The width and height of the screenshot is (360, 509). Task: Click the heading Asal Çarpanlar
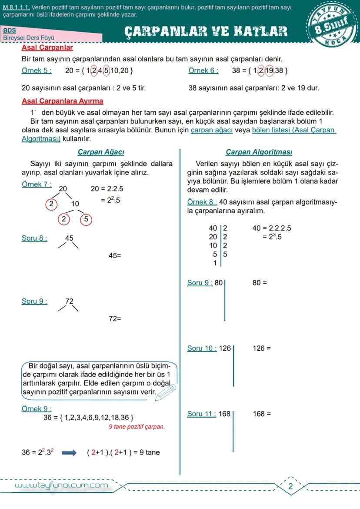[47, 48]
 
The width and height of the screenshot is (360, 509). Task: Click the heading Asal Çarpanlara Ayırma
[62, 101]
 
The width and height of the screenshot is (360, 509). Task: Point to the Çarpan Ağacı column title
[101, 152]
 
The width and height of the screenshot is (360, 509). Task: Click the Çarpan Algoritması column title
[259, 152]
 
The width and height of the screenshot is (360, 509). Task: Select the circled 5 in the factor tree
[86, 219]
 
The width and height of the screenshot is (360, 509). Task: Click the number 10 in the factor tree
[75, 204]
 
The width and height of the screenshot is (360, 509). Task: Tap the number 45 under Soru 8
[69, 238]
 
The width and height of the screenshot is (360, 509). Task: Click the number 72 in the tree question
[69, 301]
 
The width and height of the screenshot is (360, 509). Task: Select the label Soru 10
[202, 348]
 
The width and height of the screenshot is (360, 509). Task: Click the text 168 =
[262, 414]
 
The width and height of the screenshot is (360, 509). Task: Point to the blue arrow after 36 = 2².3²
[69, 452]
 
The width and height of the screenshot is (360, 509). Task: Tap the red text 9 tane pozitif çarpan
[137, 427]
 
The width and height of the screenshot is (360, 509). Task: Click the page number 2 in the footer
[290, 486]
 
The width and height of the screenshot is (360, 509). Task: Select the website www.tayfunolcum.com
[61, 485]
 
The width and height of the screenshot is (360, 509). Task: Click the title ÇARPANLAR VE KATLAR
[206, 31]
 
